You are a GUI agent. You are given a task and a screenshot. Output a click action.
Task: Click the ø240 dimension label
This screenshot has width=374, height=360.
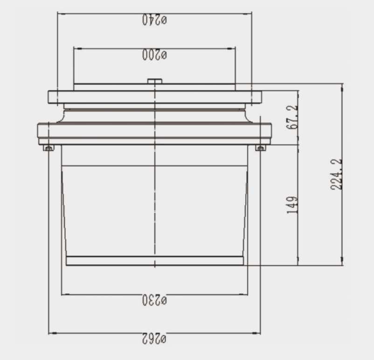(155, 20)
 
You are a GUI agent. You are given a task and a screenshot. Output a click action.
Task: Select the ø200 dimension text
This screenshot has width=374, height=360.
(155, 55)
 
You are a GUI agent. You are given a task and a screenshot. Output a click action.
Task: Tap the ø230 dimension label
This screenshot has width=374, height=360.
(155, 300)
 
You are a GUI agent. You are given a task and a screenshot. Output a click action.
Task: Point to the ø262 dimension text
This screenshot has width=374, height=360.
(154, 339)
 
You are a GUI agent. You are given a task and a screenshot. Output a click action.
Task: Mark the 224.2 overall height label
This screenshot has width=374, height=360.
(336, 174)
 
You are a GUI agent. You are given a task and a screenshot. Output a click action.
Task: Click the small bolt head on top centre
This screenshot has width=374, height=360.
(155, 81)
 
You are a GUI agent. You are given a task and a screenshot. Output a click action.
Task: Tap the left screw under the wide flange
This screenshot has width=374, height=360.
(48, 148)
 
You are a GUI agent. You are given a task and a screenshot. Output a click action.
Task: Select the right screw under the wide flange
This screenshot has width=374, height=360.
(261, 148)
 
